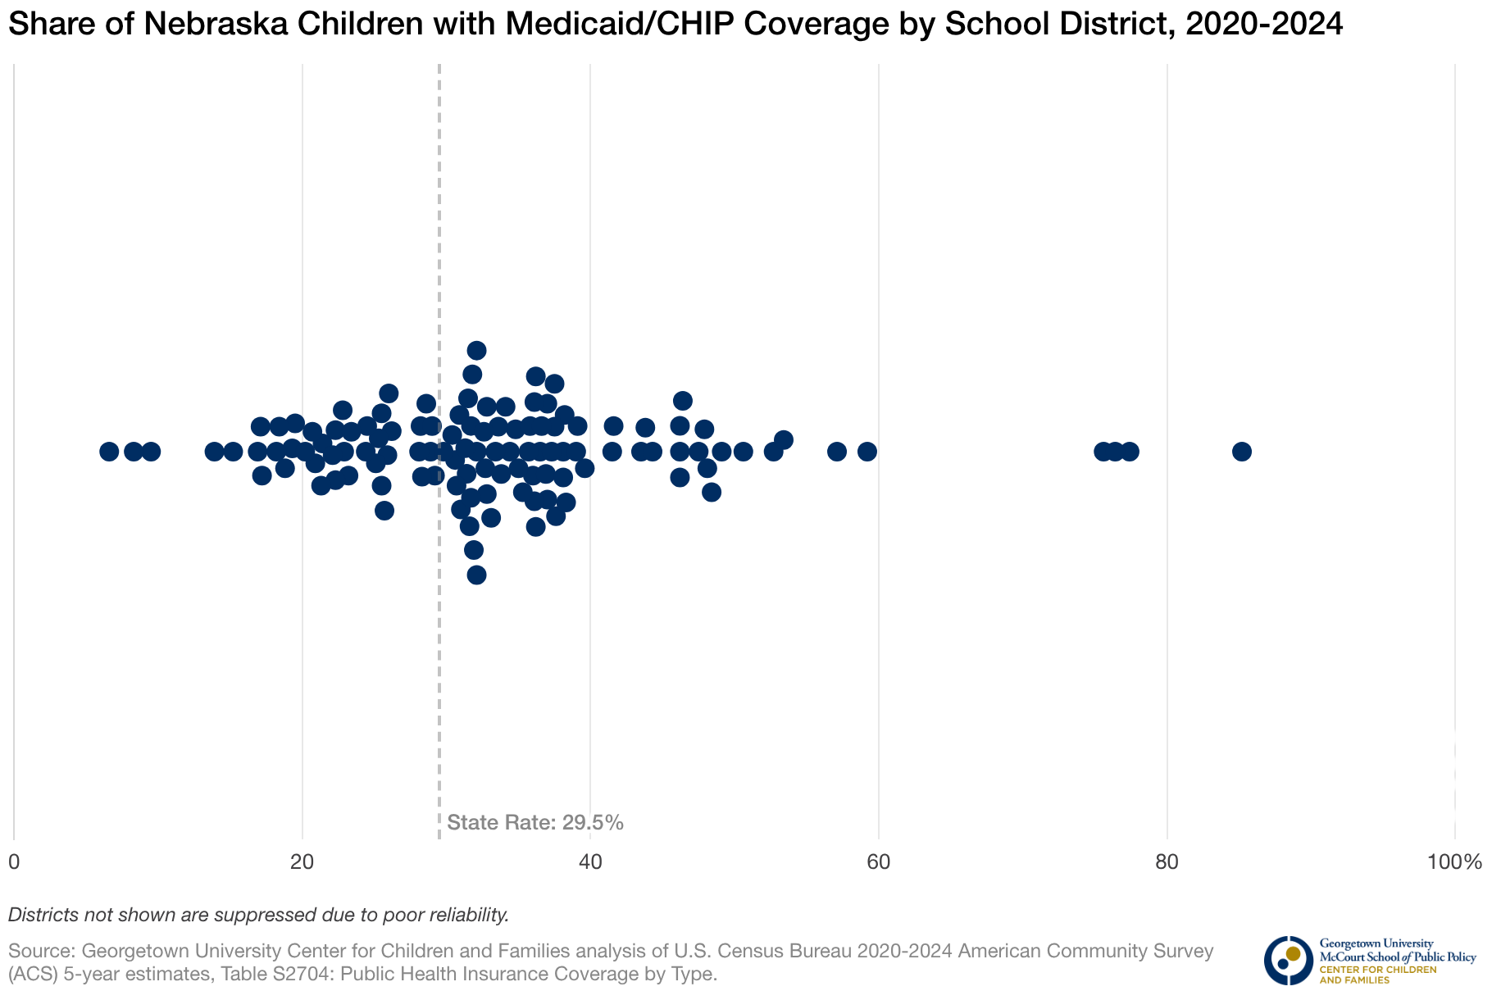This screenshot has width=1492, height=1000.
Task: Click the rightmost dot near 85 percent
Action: point(1241,452)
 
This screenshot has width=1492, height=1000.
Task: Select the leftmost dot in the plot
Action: point(109,452)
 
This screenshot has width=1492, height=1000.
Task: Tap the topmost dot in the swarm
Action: point(476,351)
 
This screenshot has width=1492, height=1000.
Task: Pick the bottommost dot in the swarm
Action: point(476,575)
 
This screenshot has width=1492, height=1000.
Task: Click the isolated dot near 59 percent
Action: point(867,452)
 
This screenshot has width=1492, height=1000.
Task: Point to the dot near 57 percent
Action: point(836,452)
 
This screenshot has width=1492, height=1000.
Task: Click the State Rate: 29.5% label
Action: point(535,823)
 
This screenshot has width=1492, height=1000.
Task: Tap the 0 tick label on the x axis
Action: point(14,862)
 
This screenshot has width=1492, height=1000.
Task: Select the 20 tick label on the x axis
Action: point(302,862)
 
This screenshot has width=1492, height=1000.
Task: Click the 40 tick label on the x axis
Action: point(590,862)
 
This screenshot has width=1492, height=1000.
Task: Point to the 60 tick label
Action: point(878,862)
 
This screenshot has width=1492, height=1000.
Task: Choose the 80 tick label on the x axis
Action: point(1167,862)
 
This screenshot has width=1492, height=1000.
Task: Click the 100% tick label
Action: point(1454,862)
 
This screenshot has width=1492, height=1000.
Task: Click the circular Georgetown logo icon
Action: point(1288,960)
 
